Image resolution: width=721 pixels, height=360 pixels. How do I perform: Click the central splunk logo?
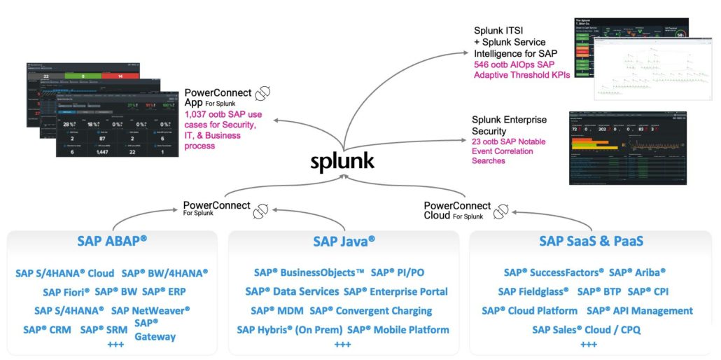(343, 161)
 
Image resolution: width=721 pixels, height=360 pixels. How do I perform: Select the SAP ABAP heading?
(112, 241)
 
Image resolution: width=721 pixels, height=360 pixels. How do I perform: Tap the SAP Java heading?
(344, 241)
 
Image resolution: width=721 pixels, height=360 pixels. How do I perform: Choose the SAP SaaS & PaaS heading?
(591, 241)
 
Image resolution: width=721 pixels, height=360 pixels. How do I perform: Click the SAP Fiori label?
(66, 292)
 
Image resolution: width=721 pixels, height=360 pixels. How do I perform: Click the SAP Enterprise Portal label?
(395, 291)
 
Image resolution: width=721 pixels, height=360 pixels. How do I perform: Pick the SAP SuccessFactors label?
(553, 272)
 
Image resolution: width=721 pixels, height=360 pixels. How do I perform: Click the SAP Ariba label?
(637, 272)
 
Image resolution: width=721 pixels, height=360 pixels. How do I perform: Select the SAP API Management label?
(639, 310)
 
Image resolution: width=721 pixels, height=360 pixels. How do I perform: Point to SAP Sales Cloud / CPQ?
(586, 329)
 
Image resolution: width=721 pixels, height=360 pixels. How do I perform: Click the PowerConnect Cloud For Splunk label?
(457, 210)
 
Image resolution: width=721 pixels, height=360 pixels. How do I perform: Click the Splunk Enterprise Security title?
(509, 125)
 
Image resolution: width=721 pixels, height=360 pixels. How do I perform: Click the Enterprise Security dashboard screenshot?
(628, 147)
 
